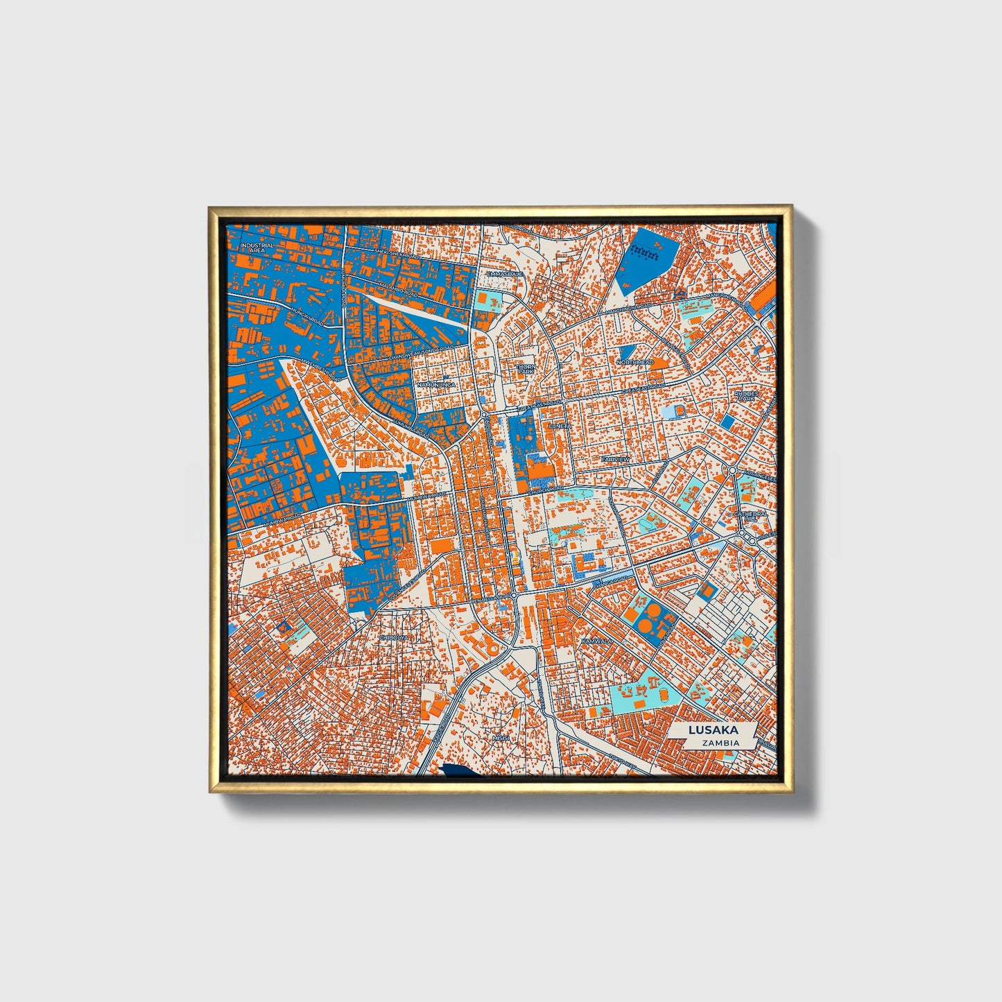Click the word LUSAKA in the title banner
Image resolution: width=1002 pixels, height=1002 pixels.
coord(712,730)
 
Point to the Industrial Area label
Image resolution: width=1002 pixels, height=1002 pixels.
coord(257,247)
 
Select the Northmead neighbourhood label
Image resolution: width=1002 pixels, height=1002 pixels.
coord(634,362)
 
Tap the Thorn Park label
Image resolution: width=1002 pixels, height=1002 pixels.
coord(526,369)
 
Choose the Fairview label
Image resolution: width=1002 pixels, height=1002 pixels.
coord(615,459)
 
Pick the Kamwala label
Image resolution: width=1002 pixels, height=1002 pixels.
coord(597,641)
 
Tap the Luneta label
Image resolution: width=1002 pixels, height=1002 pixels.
coord(558,426)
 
